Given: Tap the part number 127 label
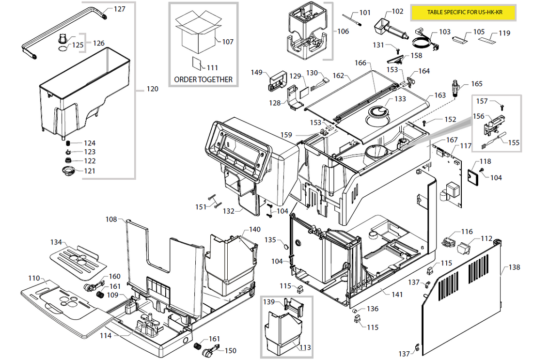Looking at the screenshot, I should (x=119, y=9).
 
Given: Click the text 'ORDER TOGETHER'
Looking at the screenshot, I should (x=203, y=79).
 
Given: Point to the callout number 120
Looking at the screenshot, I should (x=152, y=89).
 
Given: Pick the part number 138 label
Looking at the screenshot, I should (x=515, y=267).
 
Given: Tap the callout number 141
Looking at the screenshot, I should (x=397, y=294).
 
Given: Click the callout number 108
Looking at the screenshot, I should (x=111, y=219).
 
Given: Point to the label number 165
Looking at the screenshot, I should (x=477, y=84).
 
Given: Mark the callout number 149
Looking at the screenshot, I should (x=256, y=73).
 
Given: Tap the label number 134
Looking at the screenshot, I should (x=56, y=242).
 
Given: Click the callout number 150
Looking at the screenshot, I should (x=231, y=350).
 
